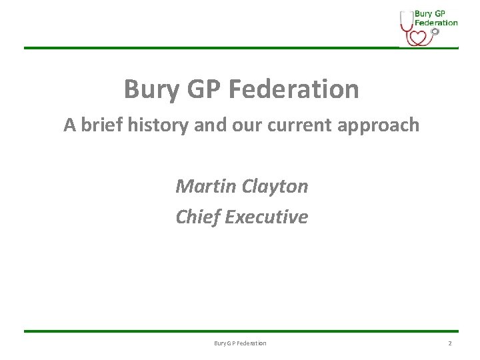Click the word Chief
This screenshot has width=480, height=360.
pos(198,217)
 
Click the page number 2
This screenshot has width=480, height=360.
pos(449,343)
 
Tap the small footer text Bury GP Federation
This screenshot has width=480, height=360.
pos(240,343)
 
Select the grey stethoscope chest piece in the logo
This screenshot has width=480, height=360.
pos(435,31)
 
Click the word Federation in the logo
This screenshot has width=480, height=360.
pos(437,22)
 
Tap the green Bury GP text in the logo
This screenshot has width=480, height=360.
pos(430,13)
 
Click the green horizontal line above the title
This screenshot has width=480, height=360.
pos(200,48)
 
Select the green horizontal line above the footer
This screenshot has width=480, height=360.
pos(240,331)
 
